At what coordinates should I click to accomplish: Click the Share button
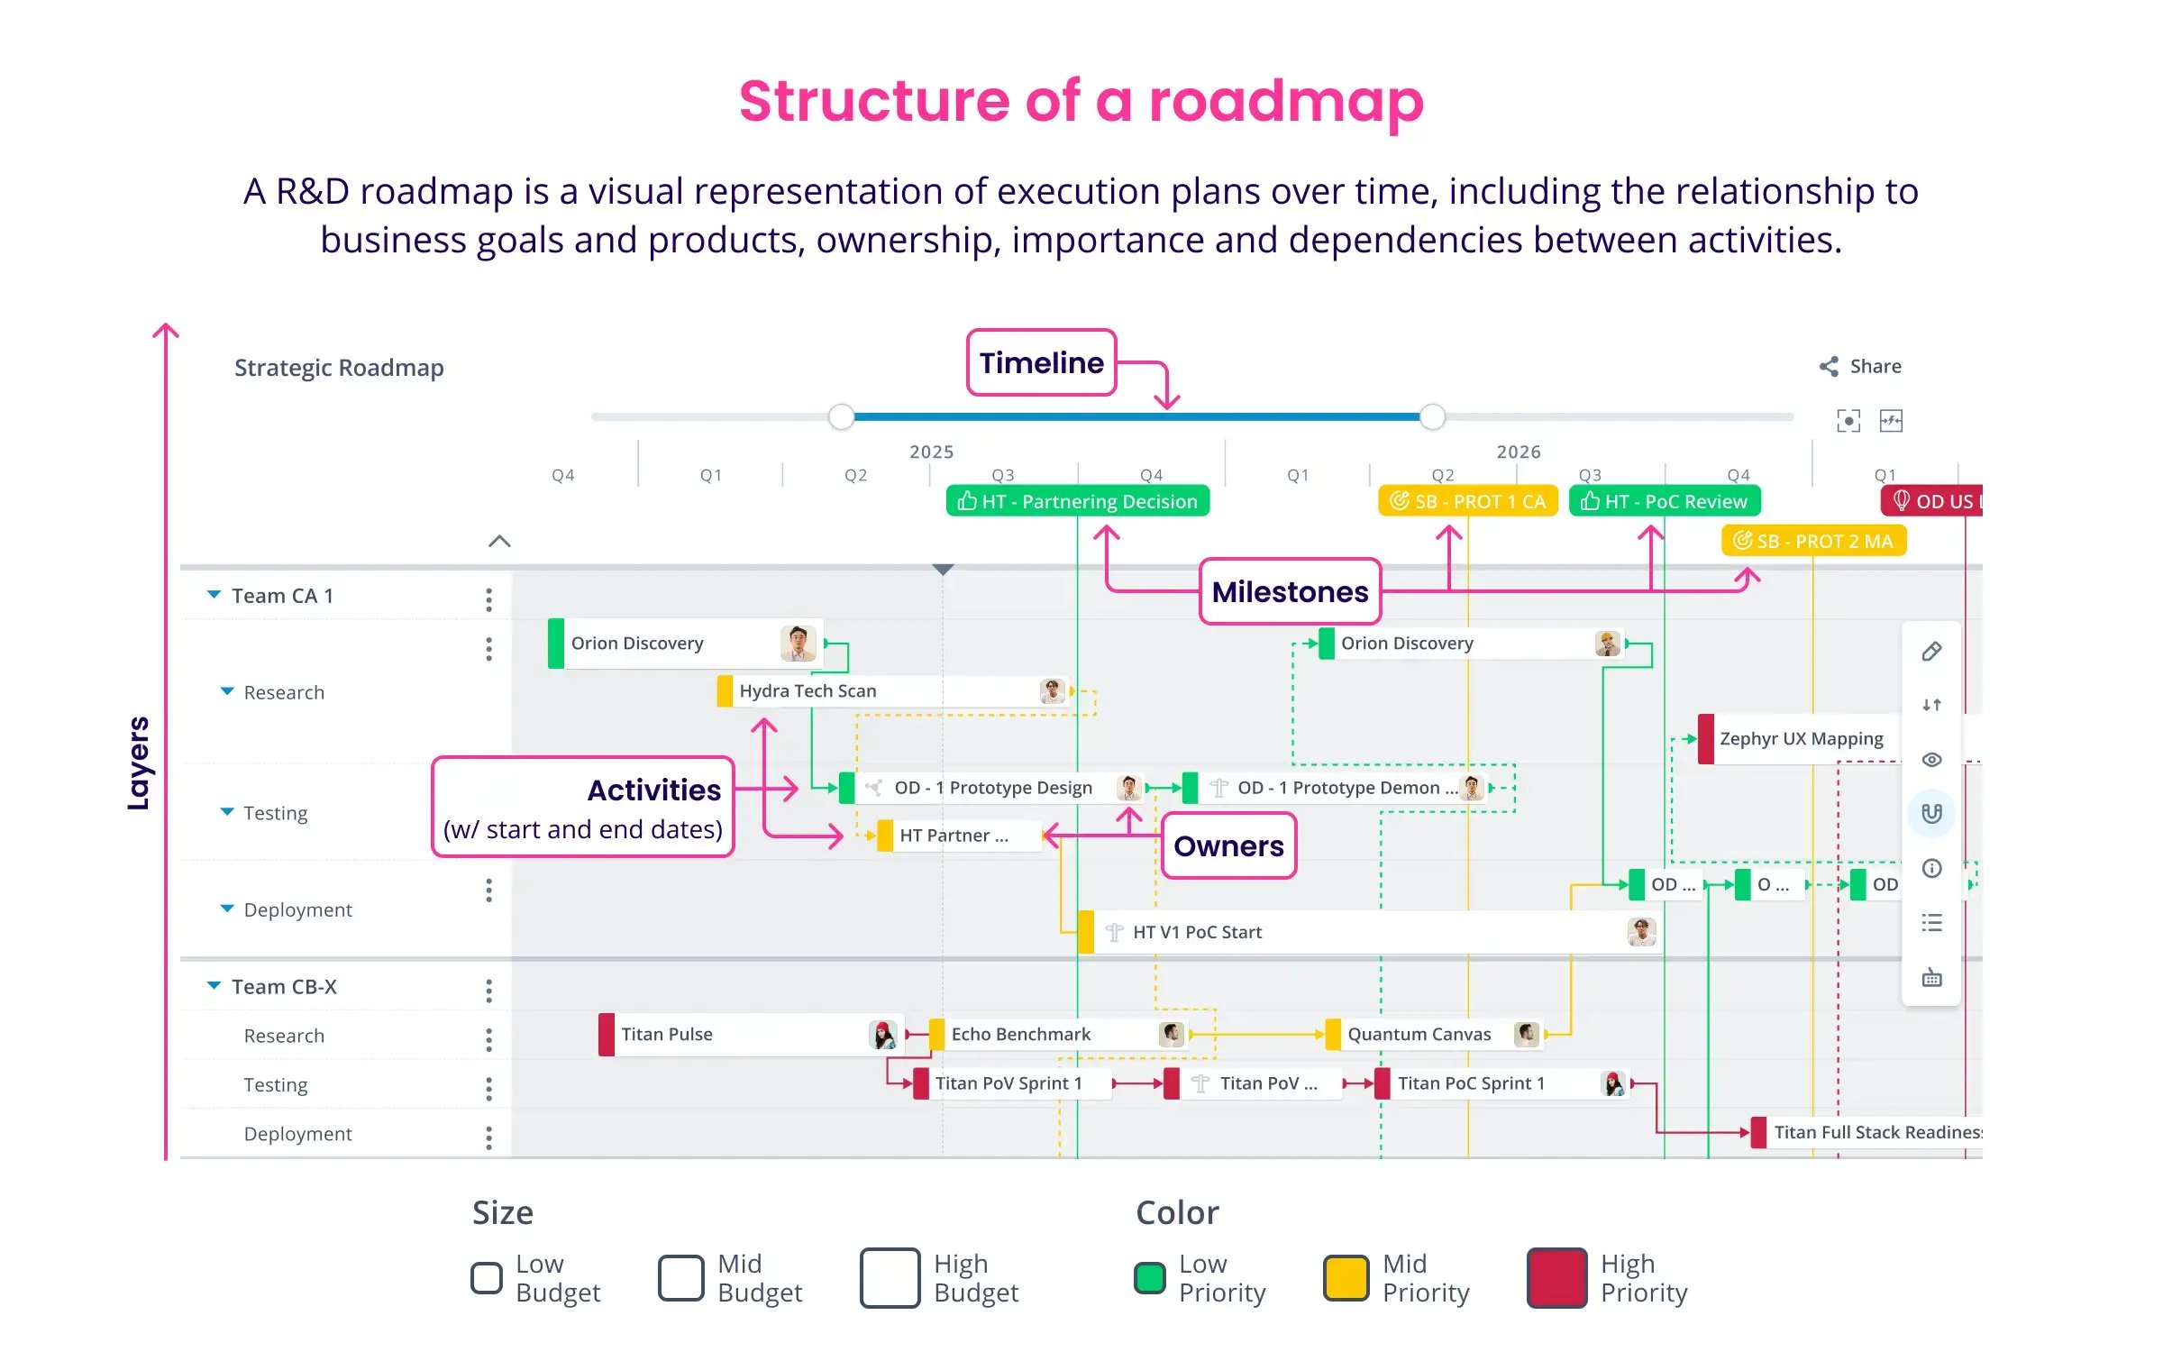coord(1861,367)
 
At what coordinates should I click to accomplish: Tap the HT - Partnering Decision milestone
coord(1078,501)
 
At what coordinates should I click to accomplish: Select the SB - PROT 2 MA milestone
coord(1813,541)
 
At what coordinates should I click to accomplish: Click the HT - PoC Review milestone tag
coord(1665,501)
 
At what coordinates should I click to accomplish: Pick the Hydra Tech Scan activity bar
coord(892,691)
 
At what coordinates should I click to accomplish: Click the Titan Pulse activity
coord(739,1035)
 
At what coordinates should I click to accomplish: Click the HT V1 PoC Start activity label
coord(1197,932)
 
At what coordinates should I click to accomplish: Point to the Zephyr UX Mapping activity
coord(1801,739)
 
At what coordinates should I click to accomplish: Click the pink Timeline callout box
coord(1041,362)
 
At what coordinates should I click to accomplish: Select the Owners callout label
coord(1228,845)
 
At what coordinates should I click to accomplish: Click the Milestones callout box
coord(1290,591)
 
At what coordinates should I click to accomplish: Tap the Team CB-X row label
coord(284,987)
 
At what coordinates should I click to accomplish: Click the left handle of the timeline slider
coord(841,416)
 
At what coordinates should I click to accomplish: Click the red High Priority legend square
coord(1556,1277)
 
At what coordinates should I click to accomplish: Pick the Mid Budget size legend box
coord(680,1277)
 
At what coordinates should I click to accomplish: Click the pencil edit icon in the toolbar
coord(1931,652)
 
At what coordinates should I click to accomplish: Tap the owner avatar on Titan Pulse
coord(883,1035)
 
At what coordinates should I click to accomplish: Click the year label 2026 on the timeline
coord(1519,452)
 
